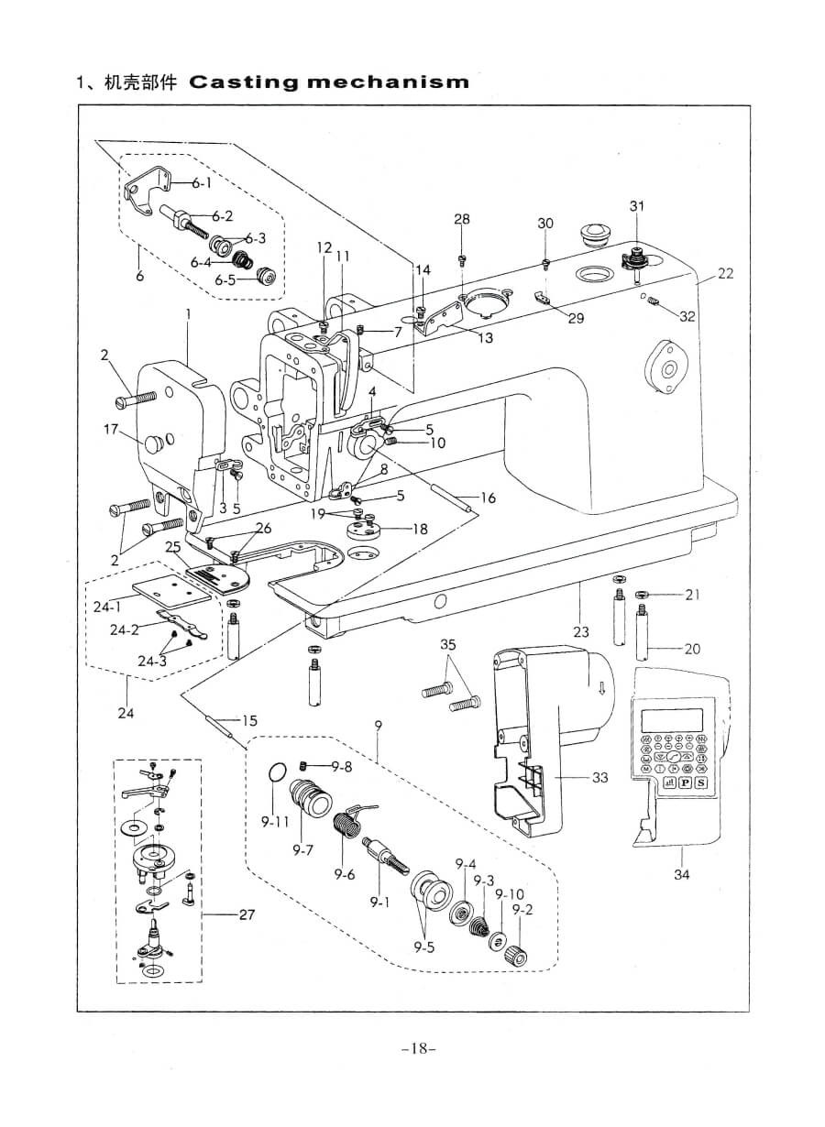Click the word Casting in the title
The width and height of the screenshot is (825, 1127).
[241, 82]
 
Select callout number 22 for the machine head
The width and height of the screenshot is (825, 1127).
[725, 273]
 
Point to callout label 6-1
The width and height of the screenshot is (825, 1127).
[201, 183]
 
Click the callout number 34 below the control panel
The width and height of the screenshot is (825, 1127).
[681, 874]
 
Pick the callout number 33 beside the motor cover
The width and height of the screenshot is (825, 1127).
[599, 778]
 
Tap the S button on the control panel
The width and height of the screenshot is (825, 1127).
[700, 782]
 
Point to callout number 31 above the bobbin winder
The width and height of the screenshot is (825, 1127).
[636, 206]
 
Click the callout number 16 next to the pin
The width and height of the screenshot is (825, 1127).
[488, 498]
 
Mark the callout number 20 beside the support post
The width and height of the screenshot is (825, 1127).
[691, 649]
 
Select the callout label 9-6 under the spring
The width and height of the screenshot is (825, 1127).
[344, 874]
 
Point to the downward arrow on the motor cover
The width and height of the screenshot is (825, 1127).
[600, 688]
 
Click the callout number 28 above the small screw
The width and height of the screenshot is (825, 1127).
[461, 219]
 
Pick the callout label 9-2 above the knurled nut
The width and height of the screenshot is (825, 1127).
[522, 910]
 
